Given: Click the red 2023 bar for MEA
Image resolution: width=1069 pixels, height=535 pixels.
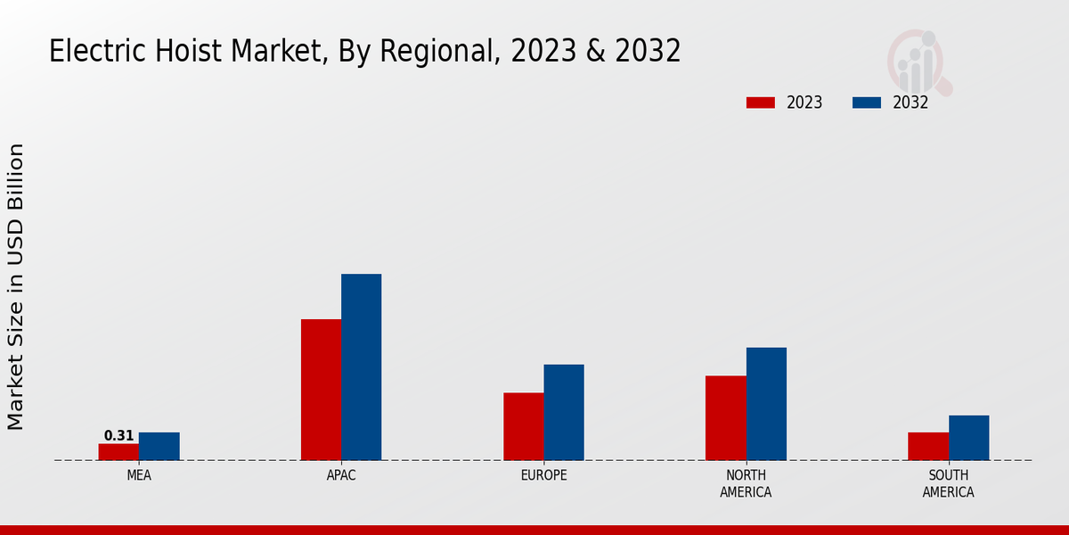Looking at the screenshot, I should pos(118,452).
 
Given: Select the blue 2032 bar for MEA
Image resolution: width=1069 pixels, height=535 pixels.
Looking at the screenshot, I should pos(159,447).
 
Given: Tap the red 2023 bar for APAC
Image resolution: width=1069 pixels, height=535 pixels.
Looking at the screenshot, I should pos(321,390).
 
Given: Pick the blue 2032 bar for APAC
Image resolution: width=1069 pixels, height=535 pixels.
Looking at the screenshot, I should pos(362,367).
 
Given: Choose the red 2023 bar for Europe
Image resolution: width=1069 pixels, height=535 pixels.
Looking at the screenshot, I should pos(524,426).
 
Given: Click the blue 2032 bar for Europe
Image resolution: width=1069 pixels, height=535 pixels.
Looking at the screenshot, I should pos(564,412).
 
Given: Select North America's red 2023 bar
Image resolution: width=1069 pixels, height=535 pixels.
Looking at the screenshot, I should pos(726,418).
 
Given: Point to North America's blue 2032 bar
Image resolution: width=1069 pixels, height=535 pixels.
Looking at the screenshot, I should pos(766,404).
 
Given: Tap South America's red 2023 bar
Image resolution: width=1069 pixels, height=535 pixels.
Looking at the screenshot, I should pos(928,447).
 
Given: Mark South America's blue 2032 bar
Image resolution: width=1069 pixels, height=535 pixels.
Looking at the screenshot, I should pos(968,438).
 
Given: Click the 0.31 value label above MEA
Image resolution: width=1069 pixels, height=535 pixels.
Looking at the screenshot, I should pos(118,436).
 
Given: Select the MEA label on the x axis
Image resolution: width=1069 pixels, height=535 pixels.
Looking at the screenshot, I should pos(139,475).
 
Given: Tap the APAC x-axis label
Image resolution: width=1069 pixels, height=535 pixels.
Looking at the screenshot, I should pos(341,475).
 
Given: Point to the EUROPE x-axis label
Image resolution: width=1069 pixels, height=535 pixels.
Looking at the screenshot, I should pos(543,475).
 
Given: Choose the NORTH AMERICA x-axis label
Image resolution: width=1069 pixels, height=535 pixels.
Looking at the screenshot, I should pos(746,483).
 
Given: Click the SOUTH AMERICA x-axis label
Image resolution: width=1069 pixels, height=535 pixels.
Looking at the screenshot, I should pos(948,483).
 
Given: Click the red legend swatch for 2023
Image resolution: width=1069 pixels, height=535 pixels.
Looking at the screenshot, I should pos(761,103).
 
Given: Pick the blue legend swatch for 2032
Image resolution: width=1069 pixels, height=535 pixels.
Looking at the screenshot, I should pos(867,103).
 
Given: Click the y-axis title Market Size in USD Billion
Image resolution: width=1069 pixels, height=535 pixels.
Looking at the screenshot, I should pos(16,286).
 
